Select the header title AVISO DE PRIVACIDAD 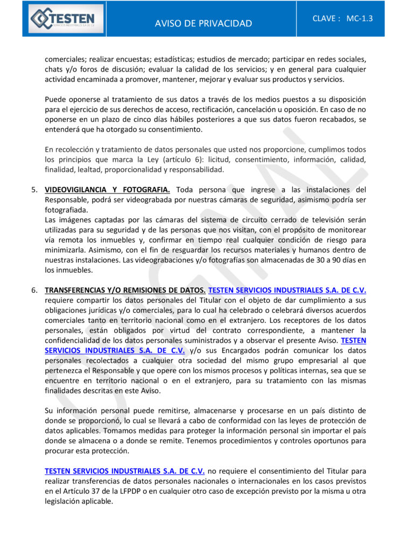pos(203,23)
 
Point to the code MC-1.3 pos(360,18)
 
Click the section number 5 pos(34,189)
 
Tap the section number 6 pos(34,290)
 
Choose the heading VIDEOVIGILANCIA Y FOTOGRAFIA pos(107,189)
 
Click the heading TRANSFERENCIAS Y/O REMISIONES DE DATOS pos(125,290)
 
